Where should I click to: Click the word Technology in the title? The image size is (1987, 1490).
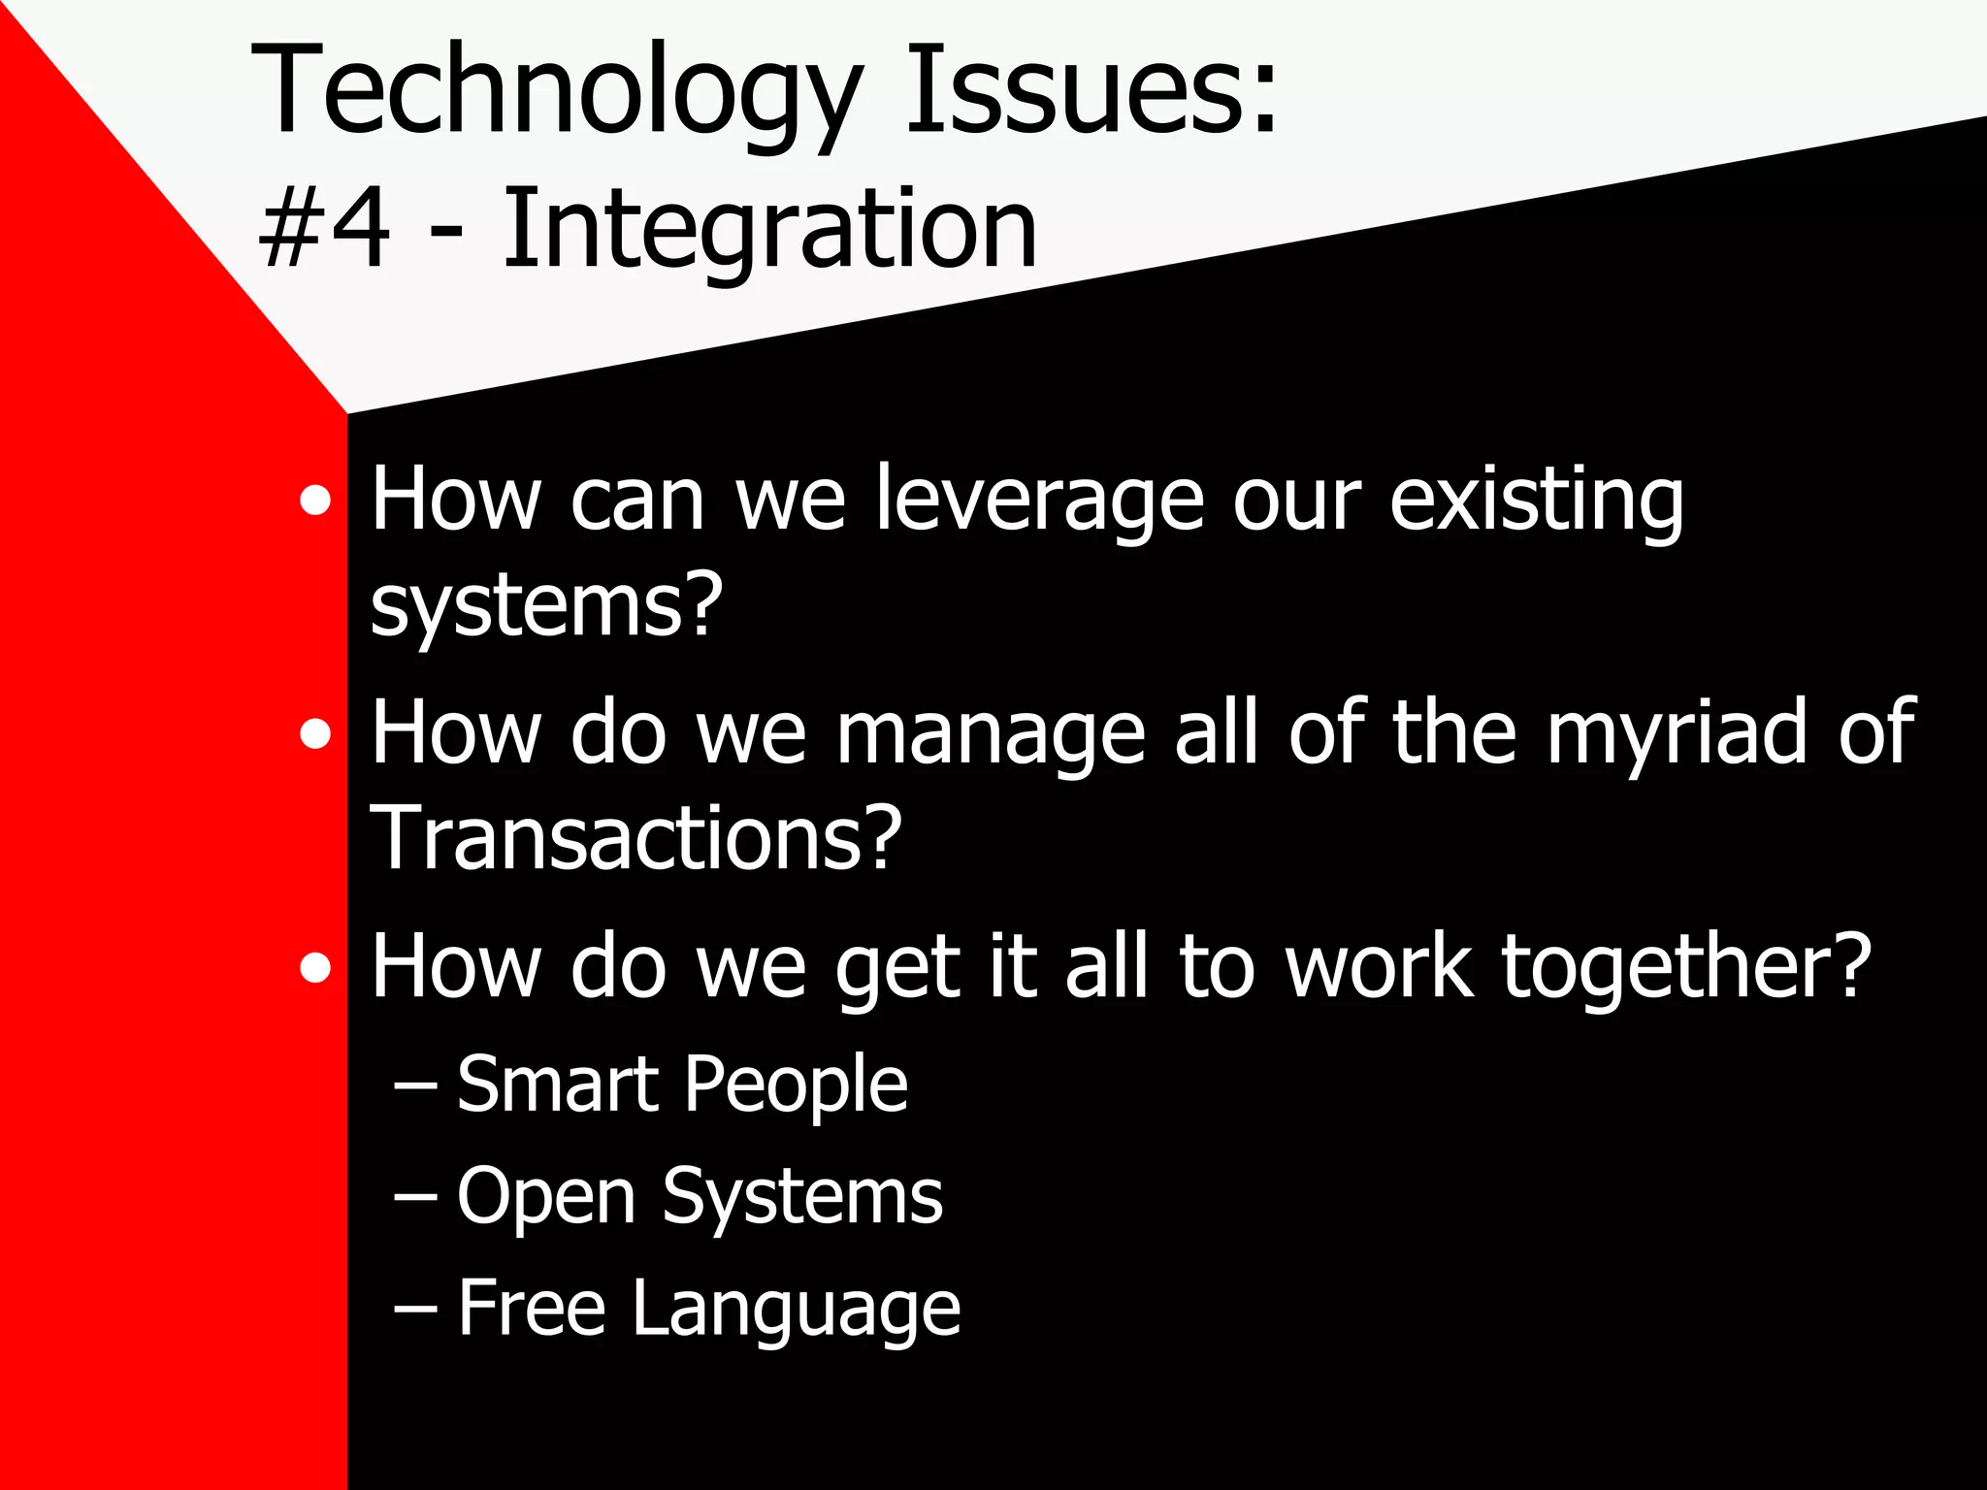555,92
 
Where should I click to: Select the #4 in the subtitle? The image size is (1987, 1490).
325,230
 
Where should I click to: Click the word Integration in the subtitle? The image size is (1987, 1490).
769,230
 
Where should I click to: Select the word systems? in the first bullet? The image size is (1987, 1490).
546,606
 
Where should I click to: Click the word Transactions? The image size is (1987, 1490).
635,838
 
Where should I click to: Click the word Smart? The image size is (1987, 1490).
558,1084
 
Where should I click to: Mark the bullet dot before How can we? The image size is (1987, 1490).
315,502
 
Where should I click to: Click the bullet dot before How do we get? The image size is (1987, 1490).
315,968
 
